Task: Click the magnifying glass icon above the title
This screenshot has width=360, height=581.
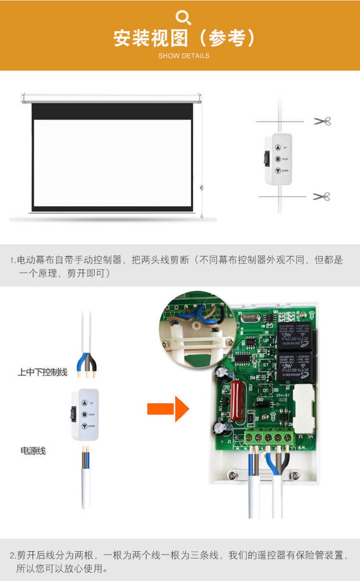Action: click(183, 18)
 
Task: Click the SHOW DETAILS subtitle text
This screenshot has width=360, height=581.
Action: click(184, 56)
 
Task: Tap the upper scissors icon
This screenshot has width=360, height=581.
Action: click(322, 121)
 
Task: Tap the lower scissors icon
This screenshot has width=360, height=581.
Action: click(322, 196)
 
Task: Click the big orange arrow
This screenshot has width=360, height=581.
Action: click(168, 409)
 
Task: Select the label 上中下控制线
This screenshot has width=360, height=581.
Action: click(43, 372)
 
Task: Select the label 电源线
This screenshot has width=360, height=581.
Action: click(33, 451)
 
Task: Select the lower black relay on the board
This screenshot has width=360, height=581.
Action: click(294, 366)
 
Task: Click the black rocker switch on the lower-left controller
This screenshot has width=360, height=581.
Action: click(74, 414)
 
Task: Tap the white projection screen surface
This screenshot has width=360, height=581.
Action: click(112, 163)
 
